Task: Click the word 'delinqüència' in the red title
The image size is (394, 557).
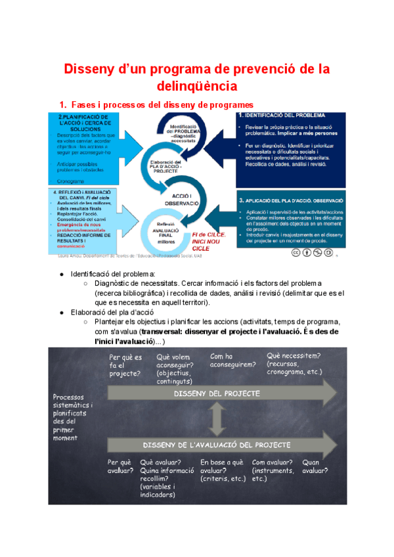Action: coord(196,85)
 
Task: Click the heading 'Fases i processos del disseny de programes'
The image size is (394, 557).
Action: coord(156,104)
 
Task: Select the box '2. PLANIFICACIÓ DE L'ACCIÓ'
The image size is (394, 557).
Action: coord(83,148)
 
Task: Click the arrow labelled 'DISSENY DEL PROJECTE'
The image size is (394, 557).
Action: coord(217,393)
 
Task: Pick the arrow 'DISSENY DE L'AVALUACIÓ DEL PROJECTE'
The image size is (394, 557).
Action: coord(217,443)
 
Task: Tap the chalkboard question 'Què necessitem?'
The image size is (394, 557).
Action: coord(294,355)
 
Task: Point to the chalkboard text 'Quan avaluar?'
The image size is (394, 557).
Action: coord(315,466)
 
